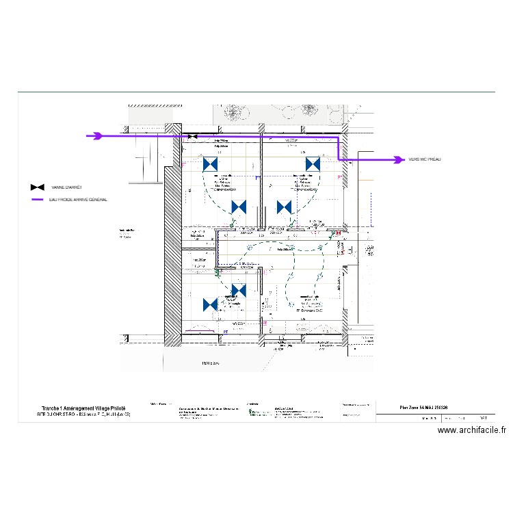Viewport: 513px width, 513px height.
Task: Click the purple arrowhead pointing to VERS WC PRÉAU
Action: pyautogui.click(x=398, y=160)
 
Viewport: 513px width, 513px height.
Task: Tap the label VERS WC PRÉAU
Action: pyautogui.click(x=425, y=159)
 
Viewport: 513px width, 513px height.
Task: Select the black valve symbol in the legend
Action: pyautogui.click(x=38, y=187)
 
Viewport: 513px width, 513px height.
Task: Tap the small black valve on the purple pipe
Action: pyautogui.click(x=193, y=137)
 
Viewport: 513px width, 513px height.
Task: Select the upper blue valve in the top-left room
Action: pyautogui.click(x=211, y=164)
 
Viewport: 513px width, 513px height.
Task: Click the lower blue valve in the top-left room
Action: pyautogui.click(x=239, y=207)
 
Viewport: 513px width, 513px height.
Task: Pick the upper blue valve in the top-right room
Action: pyautogui.click(x=313, y=164)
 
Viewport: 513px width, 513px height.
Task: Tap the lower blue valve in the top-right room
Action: pyautogui.click(x=284, y=207)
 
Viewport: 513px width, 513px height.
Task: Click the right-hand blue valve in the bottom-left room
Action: pyautogui.click(x=238, y=291)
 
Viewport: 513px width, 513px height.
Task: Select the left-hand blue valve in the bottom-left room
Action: pyautogui.click(x=211, y=304)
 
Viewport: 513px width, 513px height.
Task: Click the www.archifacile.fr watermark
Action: pyautogui.click(x=472, y=430)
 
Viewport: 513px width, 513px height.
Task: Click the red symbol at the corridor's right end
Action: pyautogui.click(x=334, y=233)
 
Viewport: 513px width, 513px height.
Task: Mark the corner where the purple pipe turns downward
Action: pyautogui.click(x=339, y=137)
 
